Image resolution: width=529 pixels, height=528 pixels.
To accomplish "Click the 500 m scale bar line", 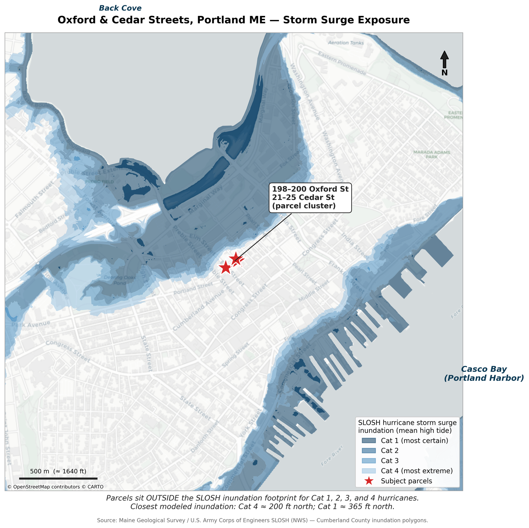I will tap(58, 479).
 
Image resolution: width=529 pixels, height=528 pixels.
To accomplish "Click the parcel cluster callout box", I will tap(310, 197).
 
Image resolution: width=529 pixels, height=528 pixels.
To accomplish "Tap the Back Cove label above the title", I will tap(120, 8).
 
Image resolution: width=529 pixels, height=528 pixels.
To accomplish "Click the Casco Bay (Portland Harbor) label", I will tap(484, 374).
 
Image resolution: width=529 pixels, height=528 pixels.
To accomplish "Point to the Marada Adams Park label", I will tap(431, 154).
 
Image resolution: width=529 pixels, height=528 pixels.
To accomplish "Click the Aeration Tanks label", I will tap(346, 43).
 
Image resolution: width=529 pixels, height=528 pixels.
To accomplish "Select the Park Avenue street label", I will tap(31, 324).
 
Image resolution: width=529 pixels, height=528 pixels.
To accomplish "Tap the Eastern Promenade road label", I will tap(342, 63).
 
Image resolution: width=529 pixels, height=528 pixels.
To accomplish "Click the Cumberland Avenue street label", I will tap(198, 310).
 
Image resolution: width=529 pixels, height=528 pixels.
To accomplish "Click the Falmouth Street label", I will tap(35, 199).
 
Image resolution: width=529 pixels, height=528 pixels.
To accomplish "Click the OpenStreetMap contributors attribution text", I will tap(55, 487).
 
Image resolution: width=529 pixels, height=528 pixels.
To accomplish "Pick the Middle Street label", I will tap(314, 290).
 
